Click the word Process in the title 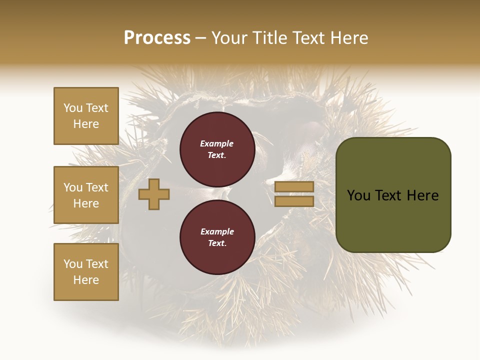pyautogui.click(x=157, y=38)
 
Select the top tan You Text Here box pyautogui.click(x=86, y=116)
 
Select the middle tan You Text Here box pyautogui.click(x=86, y=195)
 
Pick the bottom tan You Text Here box pyautogui.click(x=86, y=271)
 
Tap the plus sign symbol pyautogui.click(x=154, y=194)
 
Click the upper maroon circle pyautogui.click(x=217, y=149)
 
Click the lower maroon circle pyautogui.click(x=217, y=237)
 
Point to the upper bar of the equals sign pyautogui.click(x=294, y=186)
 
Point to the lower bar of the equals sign pyautogui.click(x=294, y=201)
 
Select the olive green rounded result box pyautogui.click(x=393, y=195)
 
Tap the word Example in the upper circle pyautogui.click(x=216, y=143)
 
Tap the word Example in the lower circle pyautogui.click(x=216, y=231)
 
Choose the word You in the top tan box pyautogui.click(x=73, y=108)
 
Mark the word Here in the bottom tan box pyautogui.click(x=86, y=280)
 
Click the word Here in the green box pyautogui.click(x=422, y=195)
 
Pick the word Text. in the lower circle pyautogui.click(x=216, y=243)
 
